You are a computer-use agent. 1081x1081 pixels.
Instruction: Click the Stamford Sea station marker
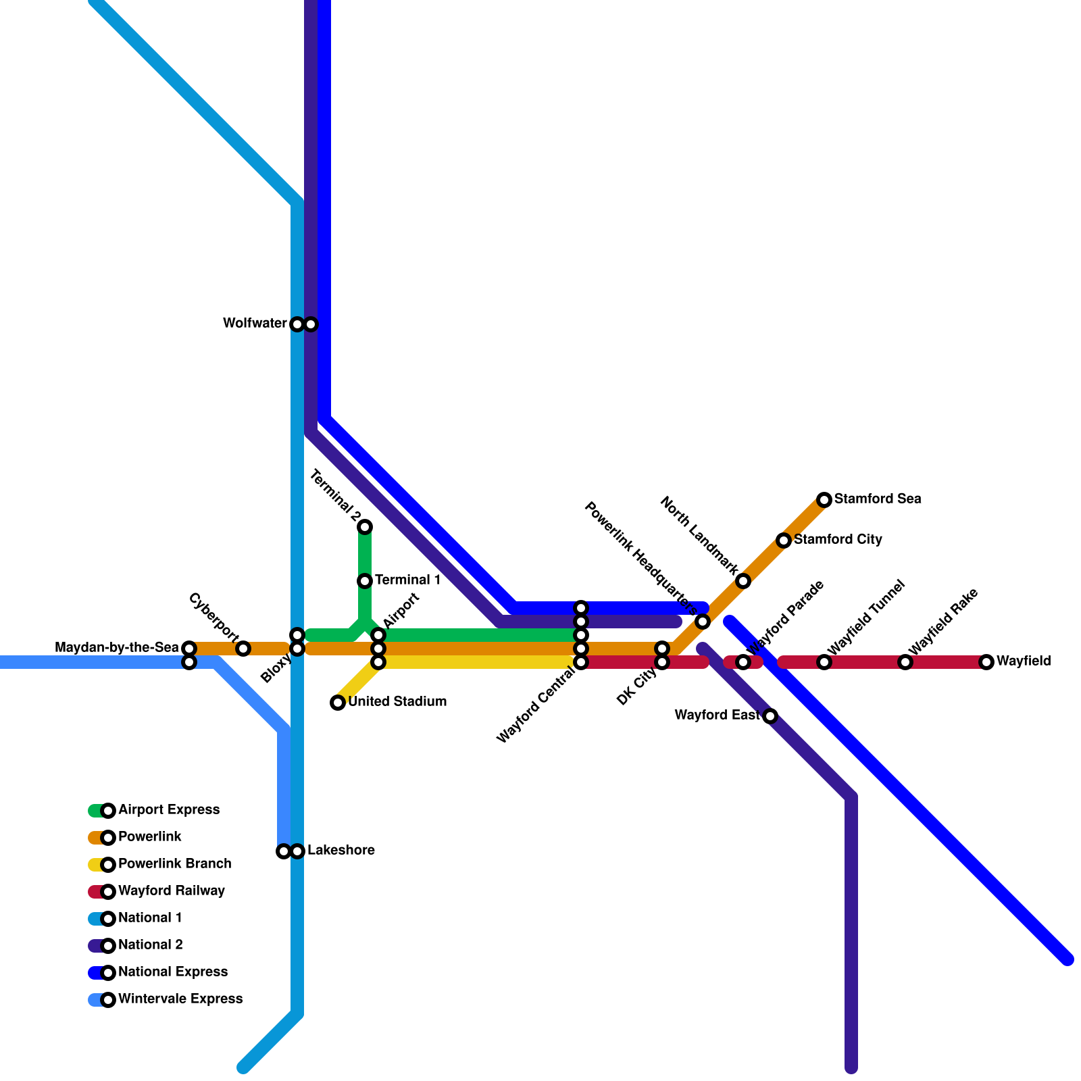[824, 500]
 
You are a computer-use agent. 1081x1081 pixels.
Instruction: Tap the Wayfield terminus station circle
[986, 662]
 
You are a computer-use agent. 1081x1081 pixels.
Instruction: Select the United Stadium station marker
[338, 703]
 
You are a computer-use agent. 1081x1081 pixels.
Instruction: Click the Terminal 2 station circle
[365, 527]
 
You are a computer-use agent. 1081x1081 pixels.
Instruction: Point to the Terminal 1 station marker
[365, 581]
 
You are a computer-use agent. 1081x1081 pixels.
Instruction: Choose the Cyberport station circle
[243, 649]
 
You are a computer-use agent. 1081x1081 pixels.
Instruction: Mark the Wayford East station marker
[770, 716]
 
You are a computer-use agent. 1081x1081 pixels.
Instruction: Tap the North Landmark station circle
[743, 581]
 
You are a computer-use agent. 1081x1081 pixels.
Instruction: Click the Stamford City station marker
[784, 540]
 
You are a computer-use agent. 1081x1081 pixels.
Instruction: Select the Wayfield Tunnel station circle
[824, 662]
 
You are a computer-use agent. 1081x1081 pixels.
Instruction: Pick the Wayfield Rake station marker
[905, 662]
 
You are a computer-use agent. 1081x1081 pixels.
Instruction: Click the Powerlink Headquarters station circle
[703, 622]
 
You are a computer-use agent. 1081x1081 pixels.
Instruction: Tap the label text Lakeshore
[341, 851]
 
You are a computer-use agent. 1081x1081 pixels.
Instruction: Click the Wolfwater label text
[255, 324]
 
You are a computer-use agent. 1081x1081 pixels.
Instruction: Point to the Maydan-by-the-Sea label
[117, 648]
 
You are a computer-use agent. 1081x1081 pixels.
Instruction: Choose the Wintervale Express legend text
[180, 999]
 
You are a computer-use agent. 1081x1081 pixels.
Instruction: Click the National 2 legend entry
[151, 945]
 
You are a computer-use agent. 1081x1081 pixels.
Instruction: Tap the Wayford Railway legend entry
[172, 891]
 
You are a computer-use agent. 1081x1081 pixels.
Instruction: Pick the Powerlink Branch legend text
[175, 864]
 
